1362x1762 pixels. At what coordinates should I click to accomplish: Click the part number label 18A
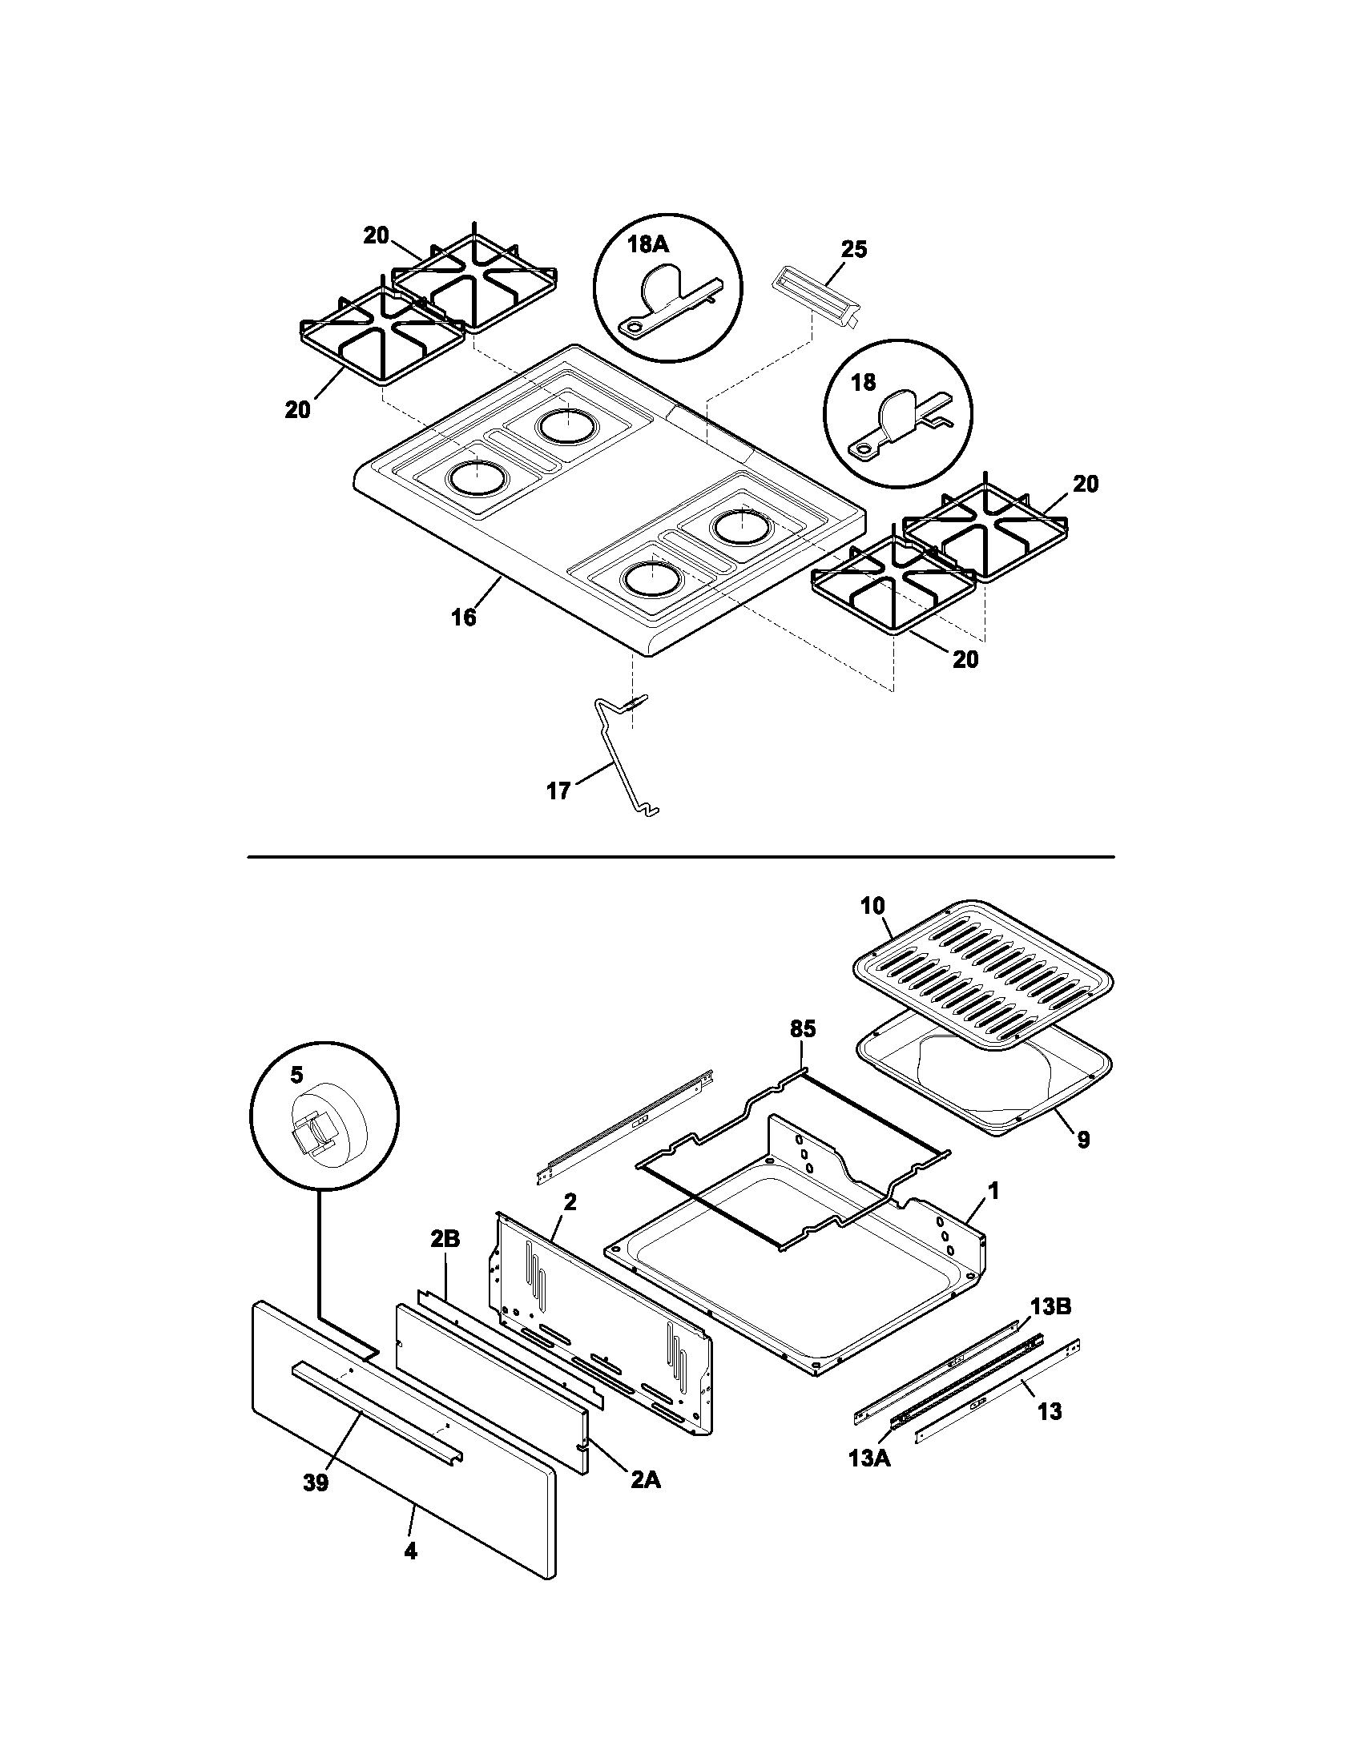[648, 245]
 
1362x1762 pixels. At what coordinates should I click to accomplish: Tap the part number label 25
[854, 250]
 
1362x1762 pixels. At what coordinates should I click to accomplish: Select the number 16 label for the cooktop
[464, 618]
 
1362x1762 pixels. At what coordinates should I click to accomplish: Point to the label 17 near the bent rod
[558, 790]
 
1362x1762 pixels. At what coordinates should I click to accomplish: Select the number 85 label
[802, 1028]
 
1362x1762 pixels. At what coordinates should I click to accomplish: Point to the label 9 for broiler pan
[1083, 1139]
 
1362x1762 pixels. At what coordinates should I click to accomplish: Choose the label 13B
[1050, 1307]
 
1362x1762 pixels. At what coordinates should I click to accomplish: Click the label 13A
[869, 1458]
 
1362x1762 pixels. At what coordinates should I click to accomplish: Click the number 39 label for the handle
[316, 1482]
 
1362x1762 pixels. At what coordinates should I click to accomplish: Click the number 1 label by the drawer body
[993, 1191]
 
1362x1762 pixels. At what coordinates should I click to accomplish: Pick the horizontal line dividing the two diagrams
[680, 856]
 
